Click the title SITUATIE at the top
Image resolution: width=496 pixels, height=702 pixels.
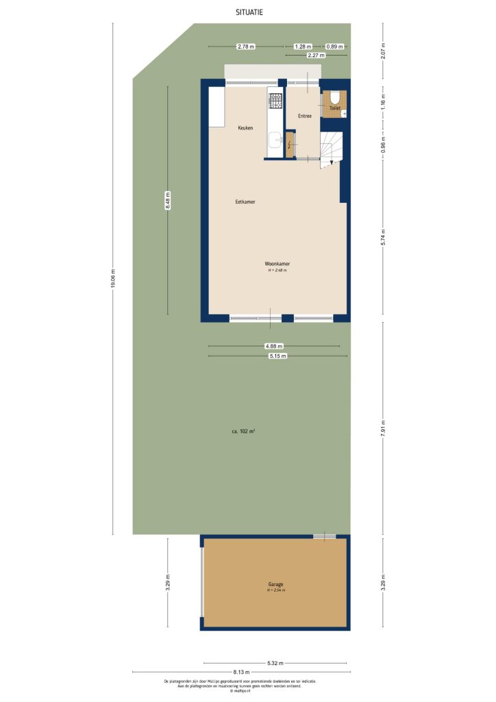point(248,12)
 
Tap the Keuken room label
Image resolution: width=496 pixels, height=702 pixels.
point(245,128)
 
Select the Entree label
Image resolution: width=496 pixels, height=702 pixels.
point(305,116)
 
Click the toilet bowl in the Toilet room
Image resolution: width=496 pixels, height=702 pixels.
point(335,99)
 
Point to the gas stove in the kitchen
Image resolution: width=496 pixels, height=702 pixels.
point(275,101)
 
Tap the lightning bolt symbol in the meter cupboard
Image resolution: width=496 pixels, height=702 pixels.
point(290,144)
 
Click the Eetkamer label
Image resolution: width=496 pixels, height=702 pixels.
point(245,202)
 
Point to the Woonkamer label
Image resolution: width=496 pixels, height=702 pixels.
point(277,264)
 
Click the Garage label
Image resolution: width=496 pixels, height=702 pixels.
point(276,584)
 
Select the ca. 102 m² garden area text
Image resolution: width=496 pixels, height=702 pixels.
point(243,431)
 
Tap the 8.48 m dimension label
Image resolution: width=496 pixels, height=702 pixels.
point(168,201)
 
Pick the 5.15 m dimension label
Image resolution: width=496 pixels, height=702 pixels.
point(277,356)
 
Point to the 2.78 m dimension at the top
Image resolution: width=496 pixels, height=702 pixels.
point(245,47)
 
